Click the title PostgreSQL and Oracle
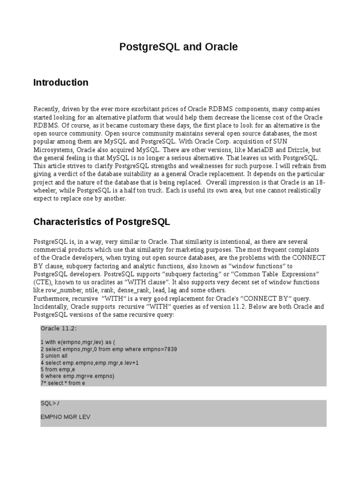(178, 47)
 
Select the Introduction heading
(60, 82)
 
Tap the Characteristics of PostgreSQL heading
(102, 222)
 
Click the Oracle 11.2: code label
(59, 328)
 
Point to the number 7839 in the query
(167, 350)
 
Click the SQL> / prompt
(50, 404)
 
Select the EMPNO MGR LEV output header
(66, 416)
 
